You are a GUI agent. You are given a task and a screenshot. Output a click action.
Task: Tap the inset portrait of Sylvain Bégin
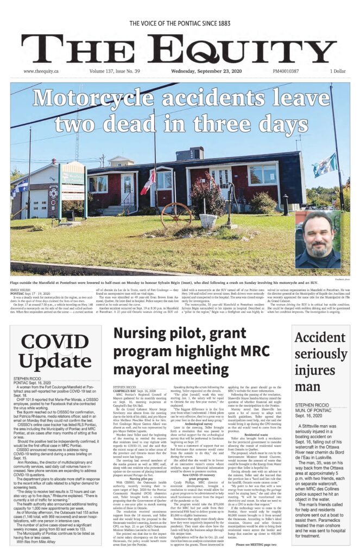coord(318,239)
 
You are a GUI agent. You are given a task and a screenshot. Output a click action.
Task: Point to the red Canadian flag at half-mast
coord(148,183)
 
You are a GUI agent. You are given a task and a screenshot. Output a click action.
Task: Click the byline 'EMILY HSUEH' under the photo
coord(21,290)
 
